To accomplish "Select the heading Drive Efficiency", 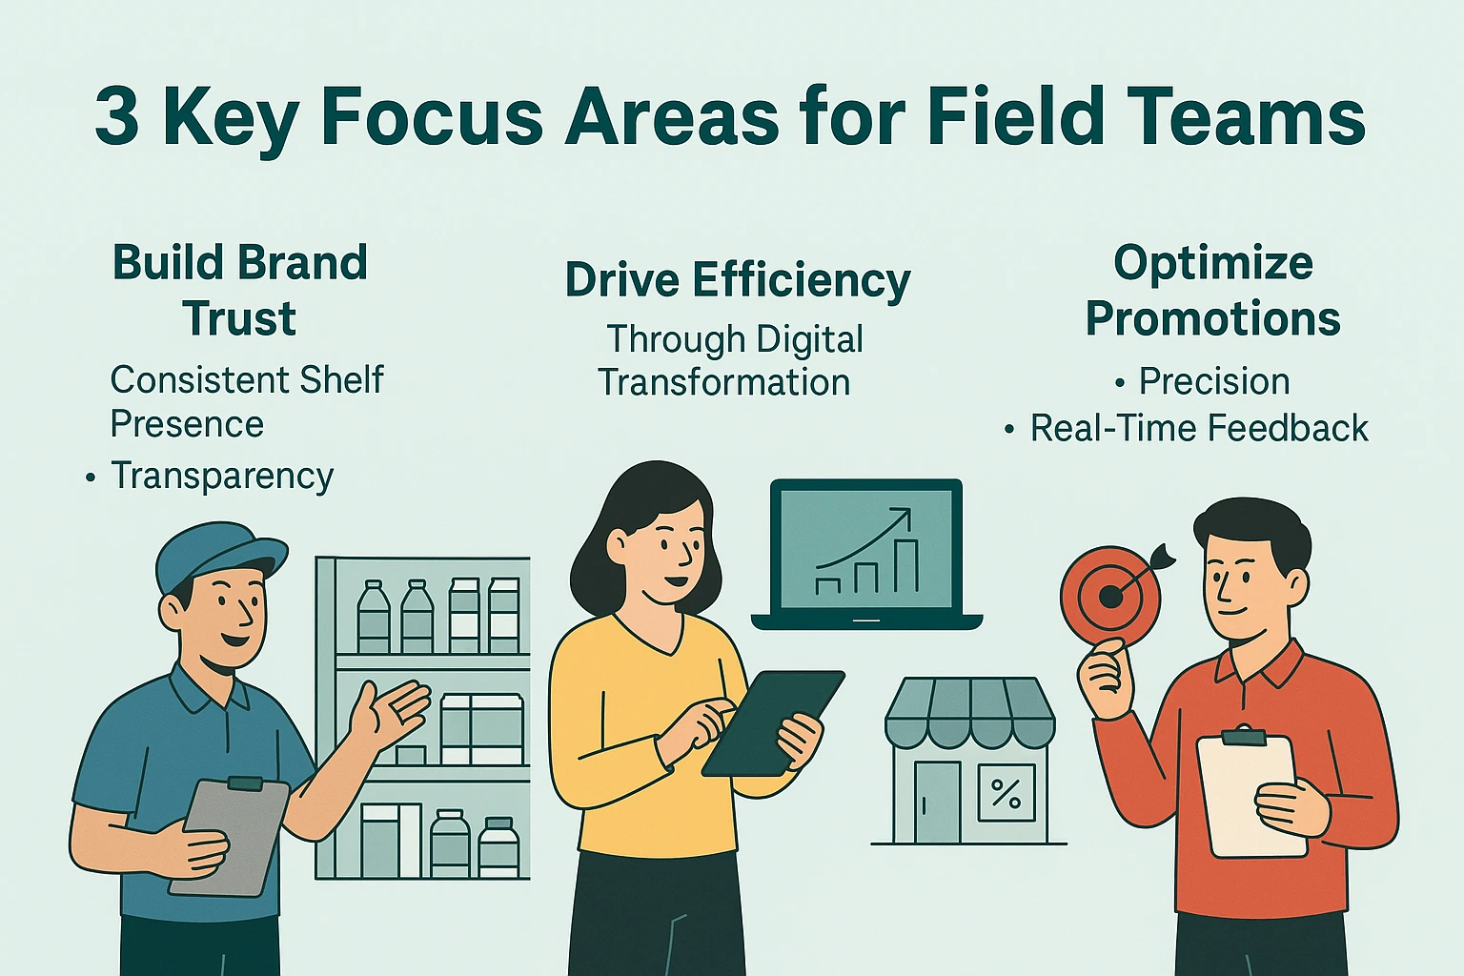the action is click(x=737, y=280).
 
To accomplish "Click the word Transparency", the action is click(x=222, y=476).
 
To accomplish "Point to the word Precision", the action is click(x=1214, y=380).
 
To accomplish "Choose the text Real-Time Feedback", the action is click(x=1199, y=428).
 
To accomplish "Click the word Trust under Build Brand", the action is click(x=240, y=318).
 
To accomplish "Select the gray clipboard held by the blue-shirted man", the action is click(x=230, y=837).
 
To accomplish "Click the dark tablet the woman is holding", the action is click(x=772, y=722).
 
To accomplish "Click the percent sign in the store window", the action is click(x=1006, y=793).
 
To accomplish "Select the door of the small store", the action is click(x=937, y=802).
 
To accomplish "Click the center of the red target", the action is click(x=1109, y=597).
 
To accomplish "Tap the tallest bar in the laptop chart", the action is click(x=905, y=565).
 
